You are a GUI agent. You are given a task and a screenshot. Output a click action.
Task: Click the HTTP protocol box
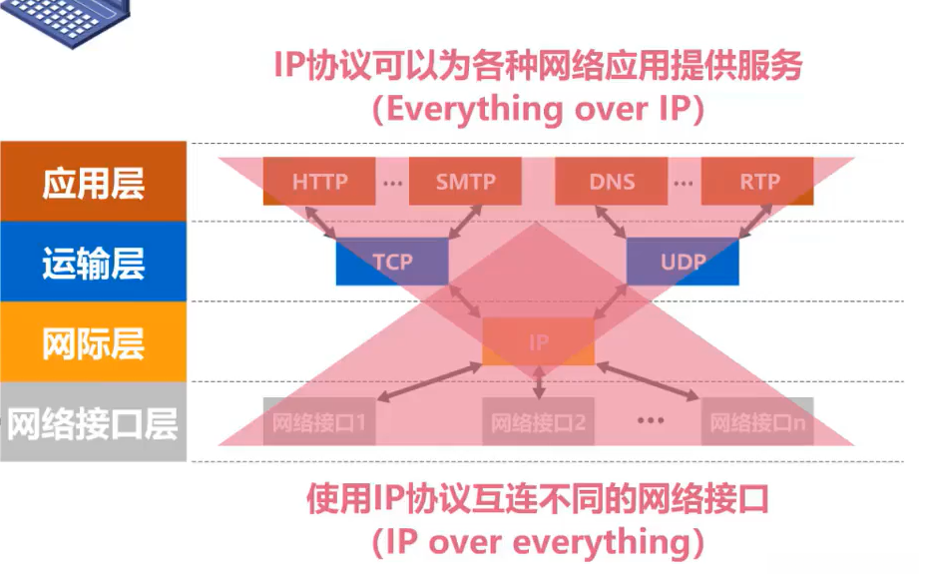(319, 182)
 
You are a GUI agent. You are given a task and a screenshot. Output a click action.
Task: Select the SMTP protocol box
(465, 182)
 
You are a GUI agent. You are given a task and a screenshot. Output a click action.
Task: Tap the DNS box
(611, 182)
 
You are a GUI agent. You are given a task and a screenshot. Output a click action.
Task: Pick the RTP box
(757, 182)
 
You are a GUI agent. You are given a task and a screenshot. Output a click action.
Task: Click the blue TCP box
(392, 262)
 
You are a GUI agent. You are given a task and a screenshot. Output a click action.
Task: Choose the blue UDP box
(683, 262)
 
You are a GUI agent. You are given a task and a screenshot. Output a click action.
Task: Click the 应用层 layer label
(93, 183)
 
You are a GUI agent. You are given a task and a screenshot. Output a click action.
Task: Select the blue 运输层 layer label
(93, 263)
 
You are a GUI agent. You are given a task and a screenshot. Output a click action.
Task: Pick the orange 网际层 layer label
(93, 342)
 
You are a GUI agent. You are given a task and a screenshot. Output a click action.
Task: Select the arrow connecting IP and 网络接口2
(539, 382)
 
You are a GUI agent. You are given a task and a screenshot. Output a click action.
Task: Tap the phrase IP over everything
(538, 542)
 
